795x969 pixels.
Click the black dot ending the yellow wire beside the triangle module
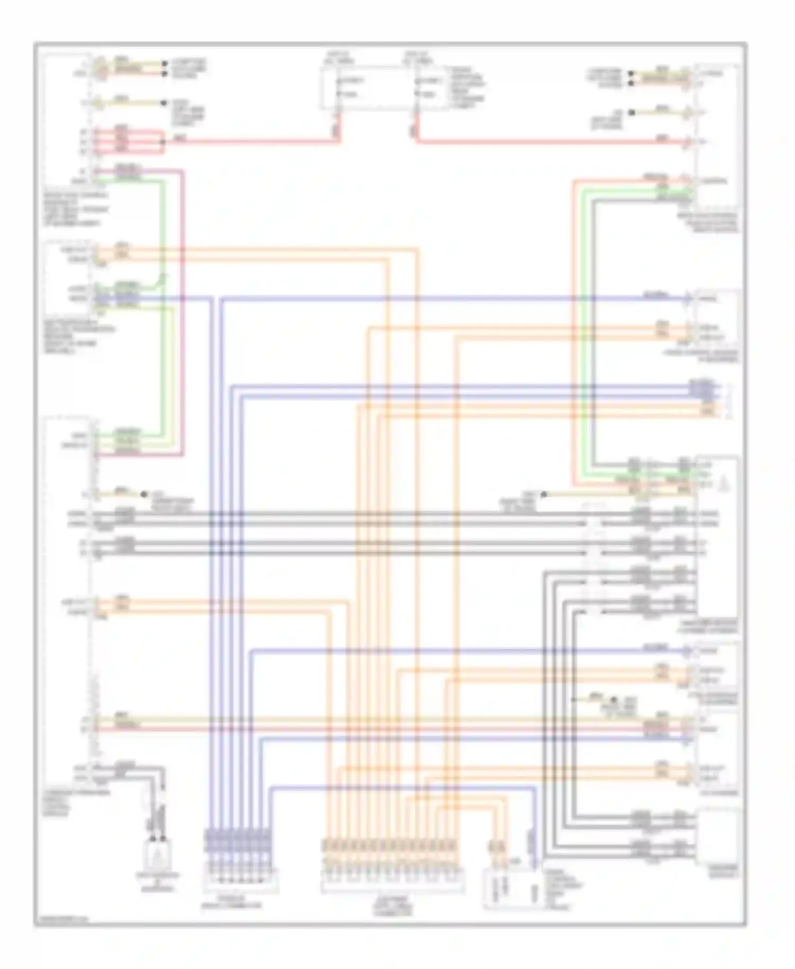[544, 495]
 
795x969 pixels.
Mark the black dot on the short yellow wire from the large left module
[144, 494]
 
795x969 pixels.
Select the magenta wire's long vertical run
[183, 313]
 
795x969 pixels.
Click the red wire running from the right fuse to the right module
[551, 142]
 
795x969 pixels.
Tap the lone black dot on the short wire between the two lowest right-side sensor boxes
[615, 700]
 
